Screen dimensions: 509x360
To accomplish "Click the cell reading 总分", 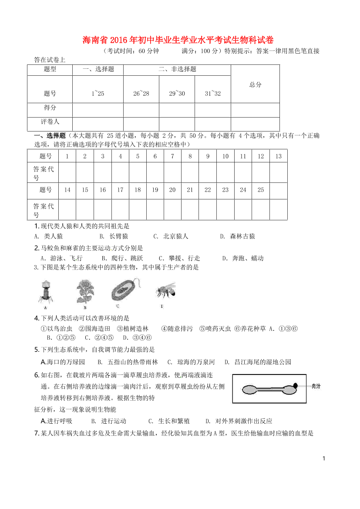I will [255, 84].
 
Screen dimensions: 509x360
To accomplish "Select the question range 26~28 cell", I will [141, 94].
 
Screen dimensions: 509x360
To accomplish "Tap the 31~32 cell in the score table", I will [213, 94].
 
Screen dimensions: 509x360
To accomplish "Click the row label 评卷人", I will [50, 122].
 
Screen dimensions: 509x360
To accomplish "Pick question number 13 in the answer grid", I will [279, 156].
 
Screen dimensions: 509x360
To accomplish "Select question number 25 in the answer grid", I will [261, 190].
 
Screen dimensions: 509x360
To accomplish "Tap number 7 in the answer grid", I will [172, 156].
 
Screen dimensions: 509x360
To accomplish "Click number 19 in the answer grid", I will [155, 190].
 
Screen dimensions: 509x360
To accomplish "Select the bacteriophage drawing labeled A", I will [45, 291].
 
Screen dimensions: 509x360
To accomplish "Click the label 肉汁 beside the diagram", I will [316, 386].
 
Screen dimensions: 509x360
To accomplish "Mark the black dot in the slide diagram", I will [295, 386].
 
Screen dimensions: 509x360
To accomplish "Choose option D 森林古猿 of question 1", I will [238, 236].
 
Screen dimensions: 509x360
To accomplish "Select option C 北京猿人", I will [171, 236].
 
